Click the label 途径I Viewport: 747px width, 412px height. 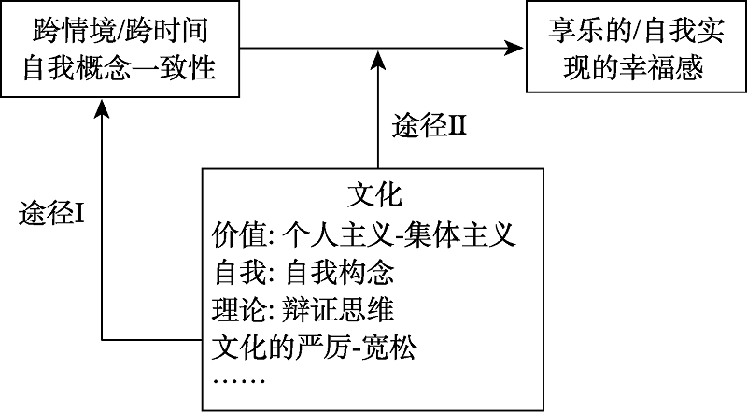53,214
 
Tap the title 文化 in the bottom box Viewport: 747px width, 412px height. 373,195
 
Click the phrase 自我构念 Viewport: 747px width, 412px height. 341,273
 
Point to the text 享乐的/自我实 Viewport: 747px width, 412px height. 632,31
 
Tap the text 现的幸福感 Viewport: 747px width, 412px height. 632,69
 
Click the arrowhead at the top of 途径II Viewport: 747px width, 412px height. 378,59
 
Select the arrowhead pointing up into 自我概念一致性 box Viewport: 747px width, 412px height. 101,109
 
